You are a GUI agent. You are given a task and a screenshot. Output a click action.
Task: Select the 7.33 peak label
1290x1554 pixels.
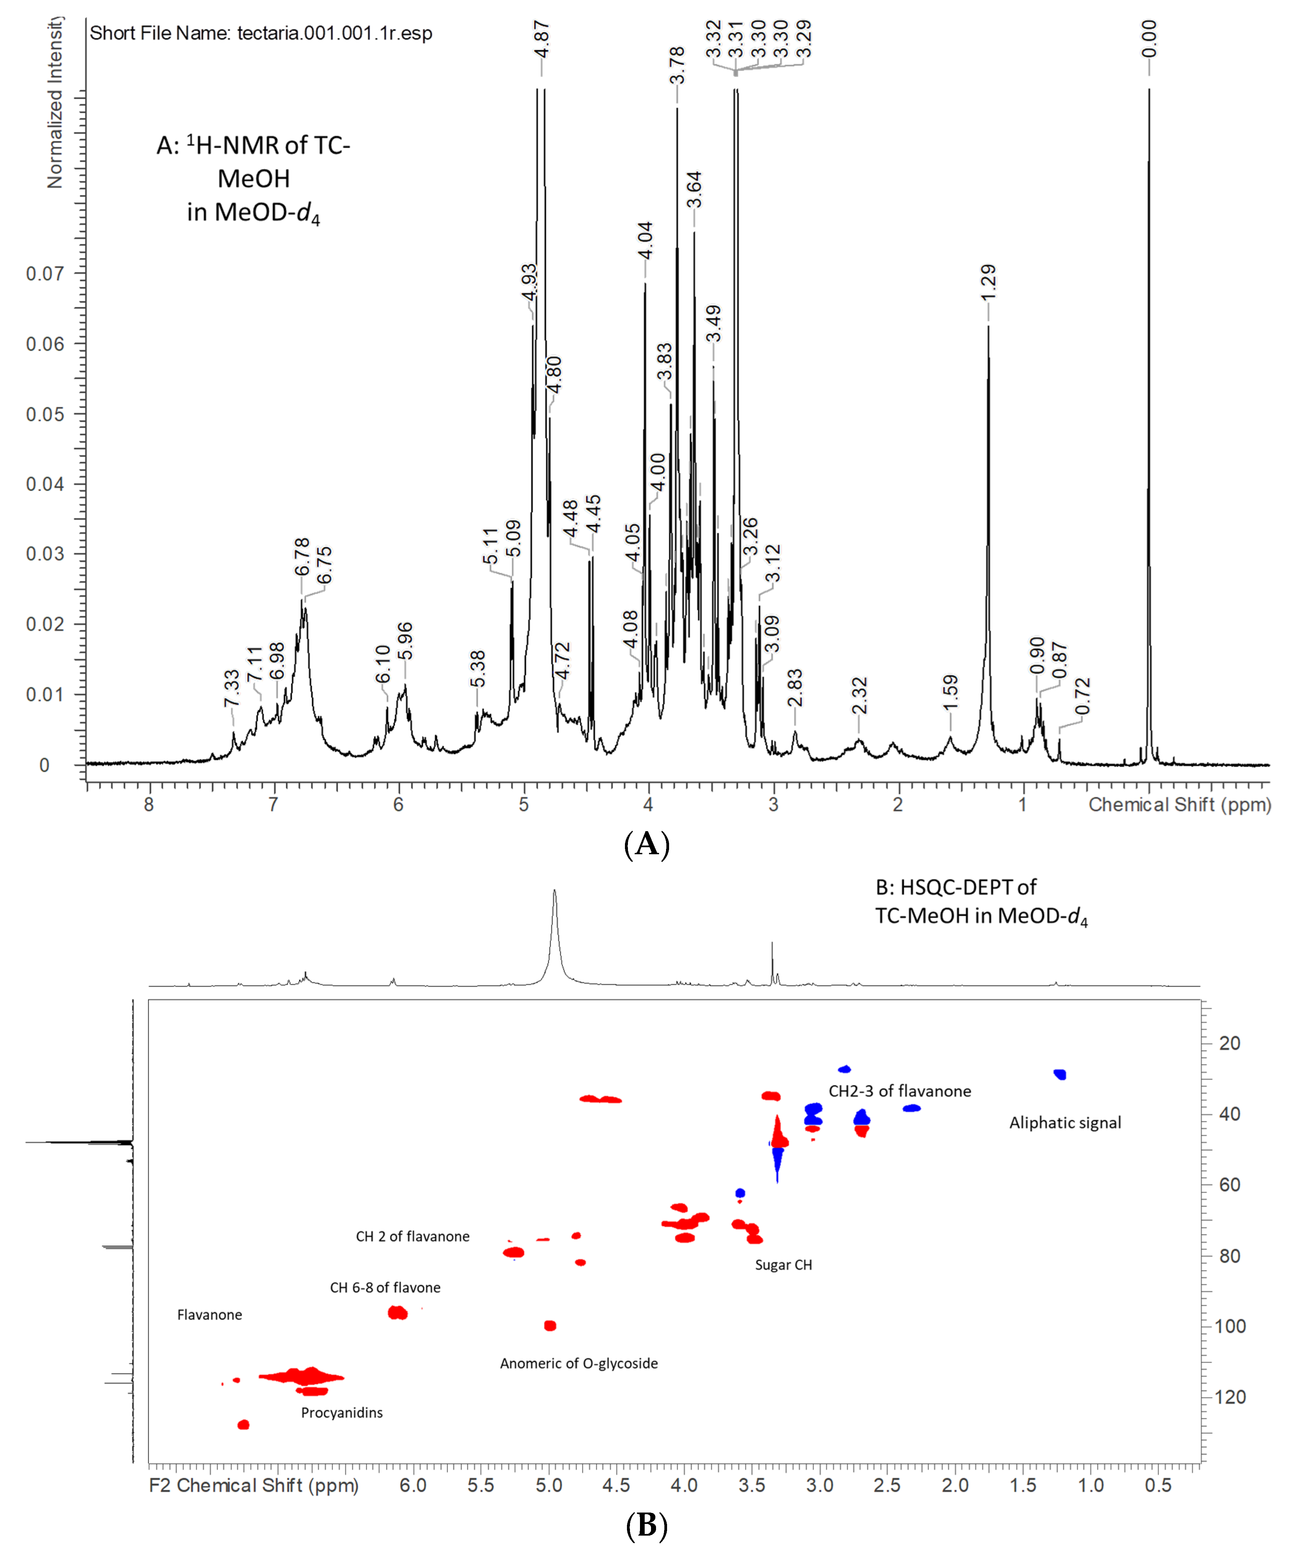(232, 688)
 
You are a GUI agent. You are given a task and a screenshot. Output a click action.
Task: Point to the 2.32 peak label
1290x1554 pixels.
(859, 696)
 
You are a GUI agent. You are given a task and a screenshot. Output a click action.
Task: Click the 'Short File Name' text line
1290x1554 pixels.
(260, 33)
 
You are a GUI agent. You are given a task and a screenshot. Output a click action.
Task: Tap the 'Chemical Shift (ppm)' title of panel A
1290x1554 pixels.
(1179, 805)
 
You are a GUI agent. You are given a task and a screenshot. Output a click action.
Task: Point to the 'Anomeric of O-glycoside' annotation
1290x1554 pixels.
(579, 1363)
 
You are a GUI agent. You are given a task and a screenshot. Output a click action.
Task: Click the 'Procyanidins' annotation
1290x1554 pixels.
(342, 1413)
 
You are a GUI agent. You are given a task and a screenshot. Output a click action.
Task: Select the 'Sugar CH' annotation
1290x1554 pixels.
(783, 1265)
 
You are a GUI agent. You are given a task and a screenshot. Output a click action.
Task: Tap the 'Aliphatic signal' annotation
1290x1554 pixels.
(1065, 1123)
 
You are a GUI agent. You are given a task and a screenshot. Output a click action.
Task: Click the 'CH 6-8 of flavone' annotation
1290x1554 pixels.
(385, 1288)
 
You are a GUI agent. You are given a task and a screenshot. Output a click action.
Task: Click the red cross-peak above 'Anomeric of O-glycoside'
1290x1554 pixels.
(550, 1325)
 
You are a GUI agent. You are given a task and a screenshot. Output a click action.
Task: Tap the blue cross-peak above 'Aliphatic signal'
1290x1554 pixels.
(1060, 1074)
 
